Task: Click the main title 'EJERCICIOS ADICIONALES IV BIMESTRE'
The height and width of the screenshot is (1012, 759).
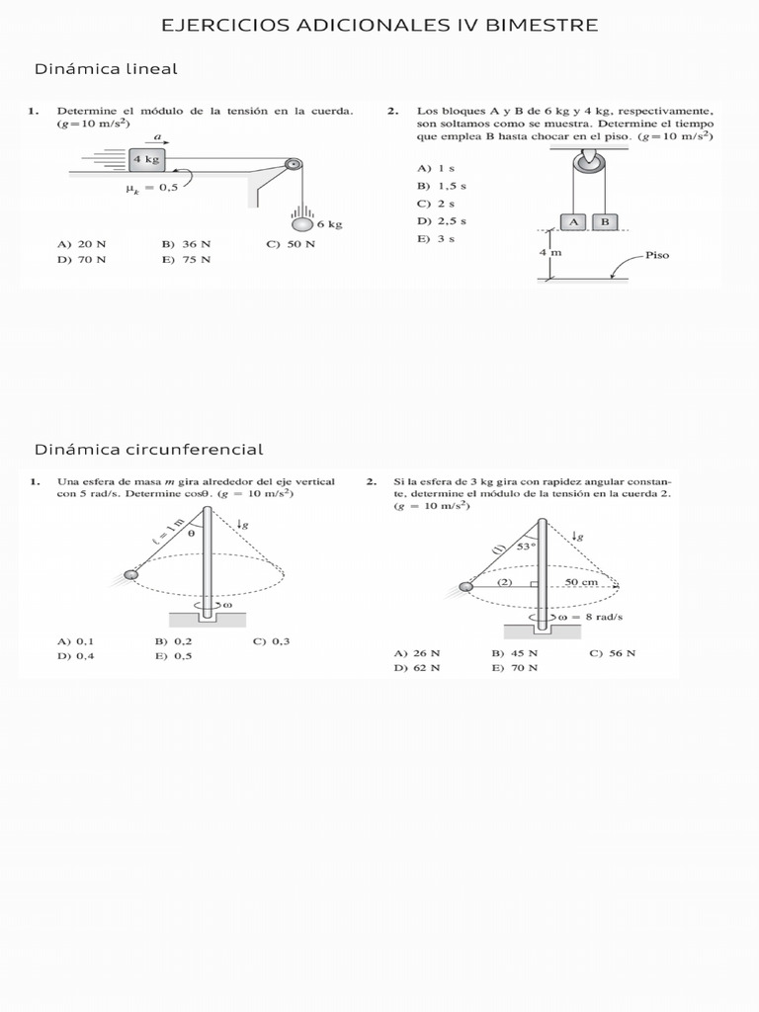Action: pyautogui.click(x=379, y=25)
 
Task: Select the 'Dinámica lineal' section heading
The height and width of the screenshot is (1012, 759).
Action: pyautogui.click(x=106, y=69)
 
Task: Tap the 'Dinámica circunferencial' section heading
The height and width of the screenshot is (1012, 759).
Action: pyautogui.click(x=149, y=450)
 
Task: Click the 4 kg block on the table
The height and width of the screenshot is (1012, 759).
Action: pyautogui.click(x=146, y=158)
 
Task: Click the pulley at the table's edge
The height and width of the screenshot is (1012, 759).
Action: pyautogui.click(x=292, y=166)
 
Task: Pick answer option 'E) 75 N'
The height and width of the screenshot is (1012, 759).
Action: pyautogui.click(x=186, y=259)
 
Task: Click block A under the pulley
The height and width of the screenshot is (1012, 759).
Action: pyautogui.click(x=573, y=221)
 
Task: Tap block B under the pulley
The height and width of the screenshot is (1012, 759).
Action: pyautogui.click(x=605, y=221)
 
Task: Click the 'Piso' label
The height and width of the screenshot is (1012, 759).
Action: pyautogui.click(x=657, y=255)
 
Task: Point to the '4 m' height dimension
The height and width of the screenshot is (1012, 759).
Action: pyautogui.click(x=550, y=253)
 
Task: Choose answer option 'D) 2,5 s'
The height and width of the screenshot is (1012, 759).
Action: pyautogui.click(x=441, y=220)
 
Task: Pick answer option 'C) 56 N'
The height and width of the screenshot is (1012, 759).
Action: pyautogui.click(x=612, y=652)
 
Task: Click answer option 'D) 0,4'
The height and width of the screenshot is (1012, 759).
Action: pyautogui.click(x=75, y=654)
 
